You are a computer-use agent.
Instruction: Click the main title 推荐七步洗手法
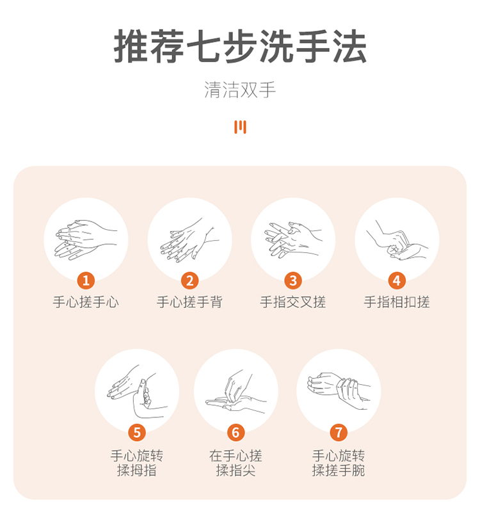(x=240, y=46)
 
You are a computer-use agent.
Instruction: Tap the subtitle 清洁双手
(x=240, y=90)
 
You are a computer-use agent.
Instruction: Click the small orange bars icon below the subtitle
(x=240, y=127)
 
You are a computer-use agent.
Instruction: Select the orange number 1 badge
(x=86, y=280)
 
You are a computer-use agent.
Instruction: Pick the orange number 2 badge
(x=190, y=280)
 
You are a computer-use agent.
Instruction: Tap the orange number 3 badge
(x=293, y=280)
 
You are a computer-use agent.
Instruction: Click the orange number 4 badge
(x=397, y=280)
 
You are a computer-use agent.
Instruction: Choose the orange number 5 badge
(x=137, y=432)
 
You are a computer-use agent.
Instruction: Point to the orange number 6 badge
(x=236, y=432)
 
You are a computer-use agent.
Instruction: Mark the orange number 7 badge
(x=339, y=432)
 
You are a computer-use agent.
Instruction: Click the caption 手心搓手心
(x=86, y=302)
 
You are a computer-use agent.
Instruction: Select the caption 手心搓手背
(x=190, y=302)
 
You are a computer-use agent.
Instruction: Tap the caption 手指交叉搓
(x=293, y=302)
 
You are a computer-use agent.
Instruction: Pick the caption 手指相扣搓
(x=397, y=302)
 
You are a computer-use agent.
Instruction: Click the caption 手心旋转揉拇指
(x=137, y=463)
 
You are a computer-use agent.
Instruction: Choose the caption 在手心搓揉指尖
(x=236, y=463)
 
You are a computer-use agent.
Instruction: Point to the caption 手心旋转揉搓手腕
(x=339, y=463)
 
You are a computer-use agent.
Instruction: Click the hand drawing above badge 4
(x=397, y=241)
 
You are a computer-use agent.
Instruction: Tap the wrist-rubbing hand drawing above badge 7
(x=339, y=391)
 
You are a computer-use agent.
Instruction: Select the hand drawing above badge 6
(x=236, y=392)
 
